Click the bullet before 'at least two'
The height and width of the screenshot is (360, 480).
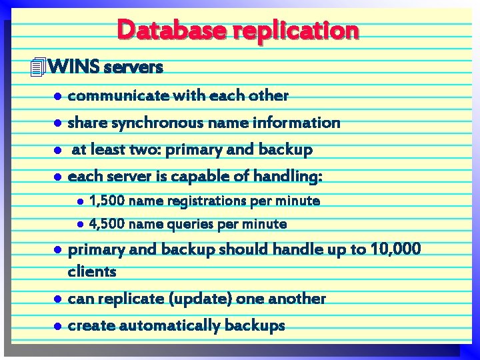(58, 151)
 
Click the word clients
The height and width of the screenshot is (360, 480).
(92, 271)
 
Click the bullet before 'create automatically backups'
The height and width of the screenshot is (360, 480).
(58, 326)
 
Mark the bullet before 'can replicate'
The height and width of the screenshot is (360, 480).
(58, 299)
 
